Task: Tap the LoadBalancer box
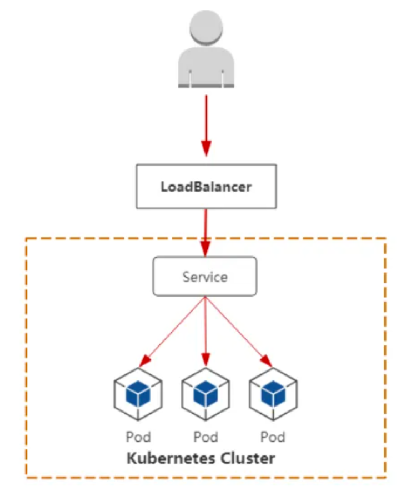[206, 186]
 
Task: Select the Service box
[205, 276]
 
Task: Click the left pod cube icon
[138, 394]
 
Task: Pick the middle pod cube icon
[206, 394]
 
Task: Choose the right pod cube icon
[273, 394]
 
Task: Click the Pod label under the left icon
[138, 437]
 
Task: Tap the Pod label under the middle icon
[206, 437]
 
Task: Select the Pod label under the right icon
[273, 437]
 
